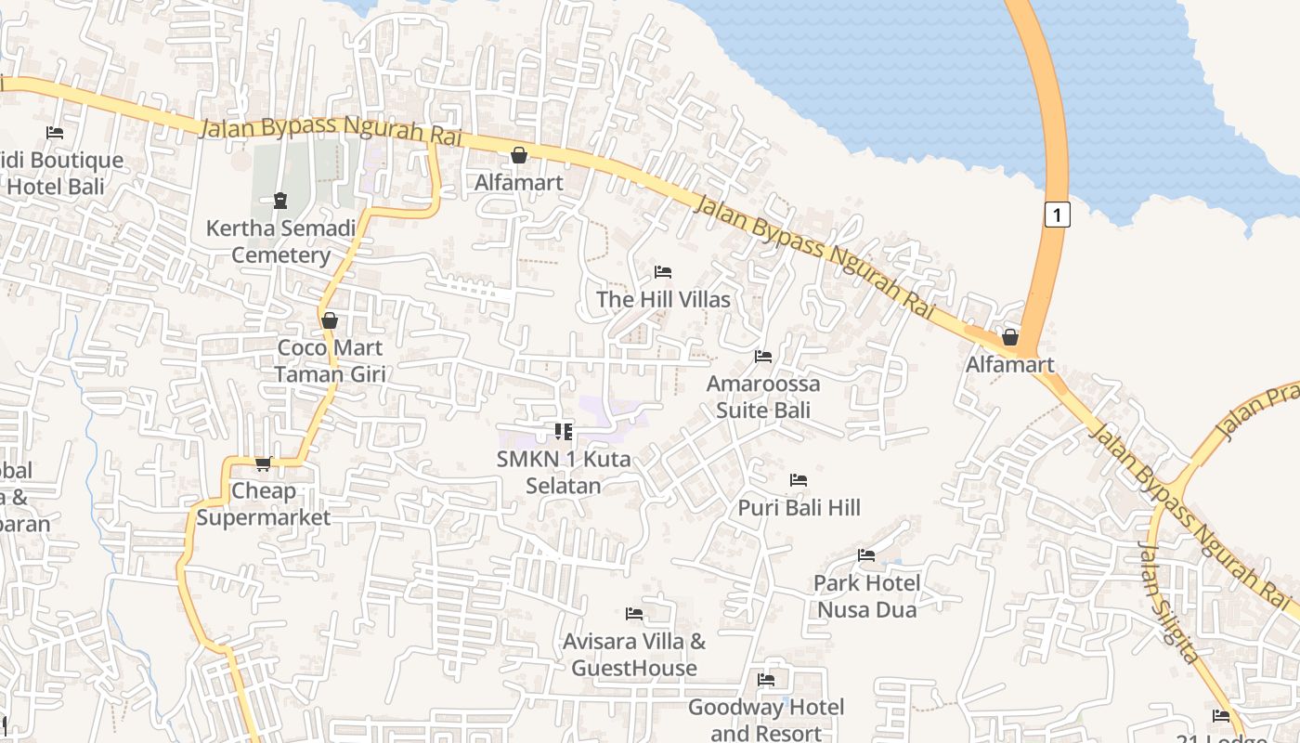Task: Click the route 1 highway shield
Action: [x=1057, y=214]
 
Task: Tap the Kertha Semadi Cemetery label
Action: [x=280, y=241]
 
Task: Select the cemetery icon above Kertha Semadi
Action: [x=279, y=200]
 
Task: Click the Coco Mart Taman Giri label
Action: [x=330, y=361]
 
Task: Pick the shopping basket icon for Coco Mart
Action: [x=329, y=320]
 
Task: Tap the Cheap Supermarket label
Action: [x=263, y=504]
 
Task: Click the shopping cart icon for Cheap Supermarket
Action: [x=263, y=463]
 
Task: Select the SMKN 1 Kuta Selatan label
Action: [x=564, y=472]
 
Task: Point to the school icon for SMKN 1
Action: [x=563, y=431]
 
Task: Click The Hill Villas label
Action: [x=663, y=299]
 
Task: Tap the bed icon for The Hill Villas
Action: [x=663, y=272]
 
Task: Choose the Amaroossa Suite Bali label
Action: [x=763, y=397]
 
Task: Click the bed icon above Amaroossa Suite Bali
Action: [x=763, y=356]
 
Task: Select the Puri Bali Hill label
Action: [x=799, y=507]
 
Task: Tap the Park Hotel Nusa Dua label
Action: [x=866, y=596]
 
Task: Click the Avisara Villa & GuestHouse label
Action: [x=634, y=655]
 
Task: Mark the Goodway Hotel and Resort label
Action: [x=766, y=720]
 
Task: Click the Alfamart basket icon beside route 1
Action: [x=1010, y=337]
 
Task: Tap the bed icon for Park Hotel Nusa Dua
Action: [x=866, y=555]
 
